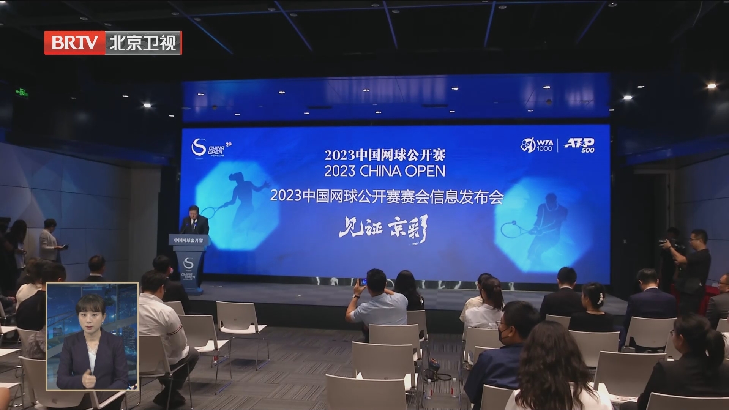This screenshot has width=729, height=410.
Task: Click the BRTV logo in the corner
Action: [75, 43]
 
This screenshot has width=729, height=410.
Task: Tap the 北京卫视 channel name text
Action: [143, 43]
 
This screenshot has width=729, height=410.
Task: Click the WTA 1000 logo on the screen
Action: [536, 145]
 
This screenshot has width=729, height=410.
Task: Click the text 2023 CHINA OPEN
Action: [385, 171]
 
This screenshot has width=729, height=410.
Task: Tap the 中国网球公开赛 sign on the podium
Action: [188, 240]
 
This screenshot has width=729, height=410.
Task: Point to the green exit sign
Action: [22, 92]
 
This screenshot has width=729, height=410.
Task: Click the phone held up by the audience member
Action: [363, 282]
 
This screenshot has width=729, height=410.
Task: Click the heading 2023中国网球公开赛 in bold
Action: [385, 155]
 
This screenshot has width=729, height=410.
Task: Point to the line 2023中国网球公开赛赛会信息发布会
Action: [387, 197]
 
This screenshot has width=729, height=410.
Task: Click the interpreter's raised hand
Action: [88, 378]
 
